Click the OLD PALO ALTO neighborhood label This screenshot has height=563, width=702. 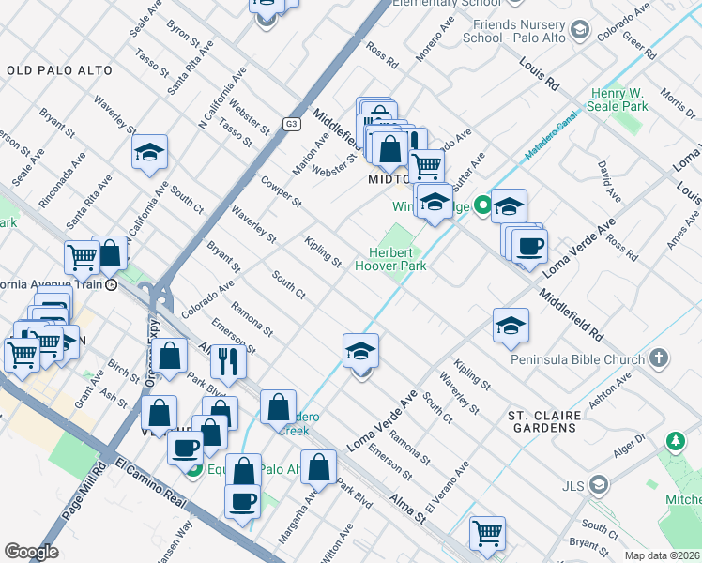(59, 70)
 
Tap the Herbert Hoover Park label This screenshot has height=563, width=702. (390, 259)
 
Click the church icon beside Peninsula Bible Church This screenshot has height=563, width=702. (659, 358)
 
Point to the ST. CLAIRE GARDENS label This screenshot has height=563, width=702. (555, 420)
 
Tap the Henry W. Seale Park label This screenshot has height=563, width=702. (619, 100)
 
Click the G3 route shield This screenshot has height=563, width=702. (292, 123)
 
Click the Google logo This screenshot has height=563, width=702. (31, 552)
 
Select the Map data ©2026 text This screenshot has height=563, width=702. (663, 555)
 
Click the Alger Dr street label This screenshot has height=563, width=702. (627, 454)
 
